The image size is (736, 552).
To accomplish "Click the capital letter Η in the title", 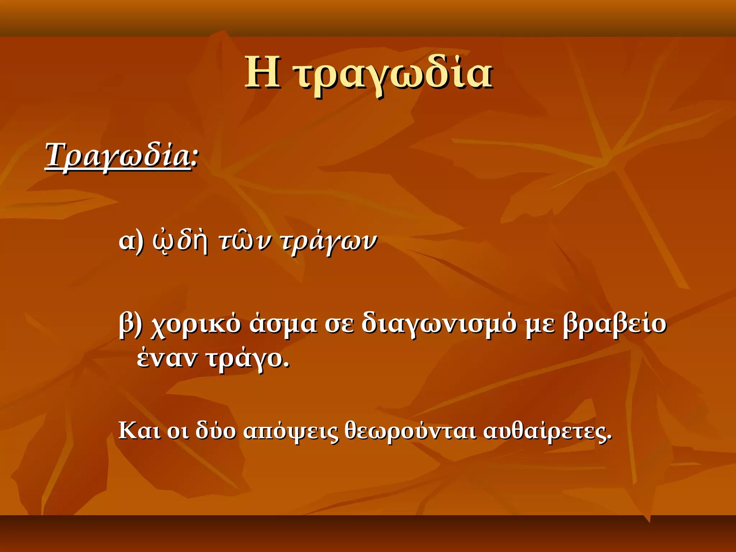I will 262,73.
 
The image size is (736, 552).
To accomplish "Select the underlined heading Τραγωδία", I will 118,156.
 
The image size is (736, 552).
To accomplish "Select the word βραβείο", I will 615,323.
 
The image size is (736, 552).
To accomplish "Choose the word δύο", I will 216,430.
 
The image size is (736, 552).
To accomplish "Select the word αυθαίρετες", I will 547,431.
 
